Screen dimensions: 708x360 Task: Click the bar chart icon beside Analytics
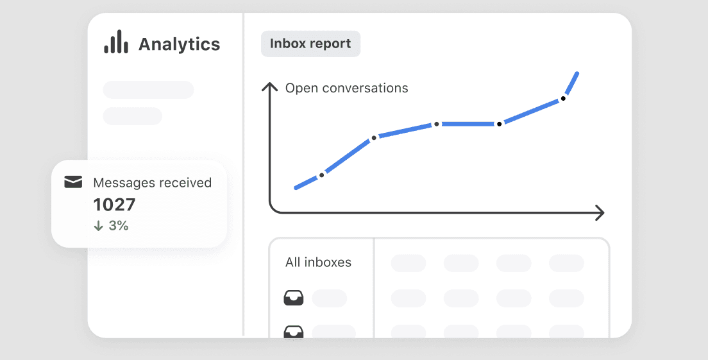coord(116,42)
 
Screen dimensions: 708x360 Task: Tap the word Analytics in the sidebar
coord(180,44)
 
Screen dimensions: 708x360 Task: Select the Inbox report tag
coord(310,44)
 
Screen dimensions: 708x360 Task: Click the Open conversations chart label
coord(346,88)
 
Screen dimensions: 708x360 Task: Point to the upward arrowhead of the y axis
coord(269,86)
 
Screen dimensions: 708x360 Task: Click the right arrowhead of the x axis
coord(600,213)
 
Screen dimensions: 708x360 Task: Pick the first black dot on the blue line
coord(321,175)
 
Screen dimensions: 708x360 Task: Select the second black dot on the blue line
coord(374,138)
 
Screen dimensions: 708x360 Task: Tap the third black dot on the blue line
coord(436,124)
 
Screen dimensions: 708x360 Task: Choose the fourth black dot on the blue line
coord(499,124)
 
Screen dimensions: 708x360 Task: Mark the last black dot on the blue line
coord(563,98)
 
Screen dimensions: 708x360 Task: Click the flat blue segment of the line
coord(468,124)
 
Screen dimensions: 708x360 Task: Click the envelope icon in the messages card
coord(73,182)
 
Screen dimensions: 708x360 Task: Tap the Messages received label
coord(152,182)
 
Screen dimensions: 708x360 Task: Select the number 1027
coord(114,205)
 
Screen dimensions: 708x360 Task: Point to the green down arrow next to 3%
coord(98,225)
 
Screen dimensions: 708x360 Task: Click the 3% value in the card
coord(119,225)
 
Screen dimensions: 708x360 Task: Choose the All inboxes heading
coord(318,262)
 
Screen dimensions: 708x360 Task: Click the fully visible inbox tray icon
coord(294,298)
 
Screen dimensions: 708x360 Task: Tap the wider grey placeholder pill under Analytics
coord(149,90)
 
